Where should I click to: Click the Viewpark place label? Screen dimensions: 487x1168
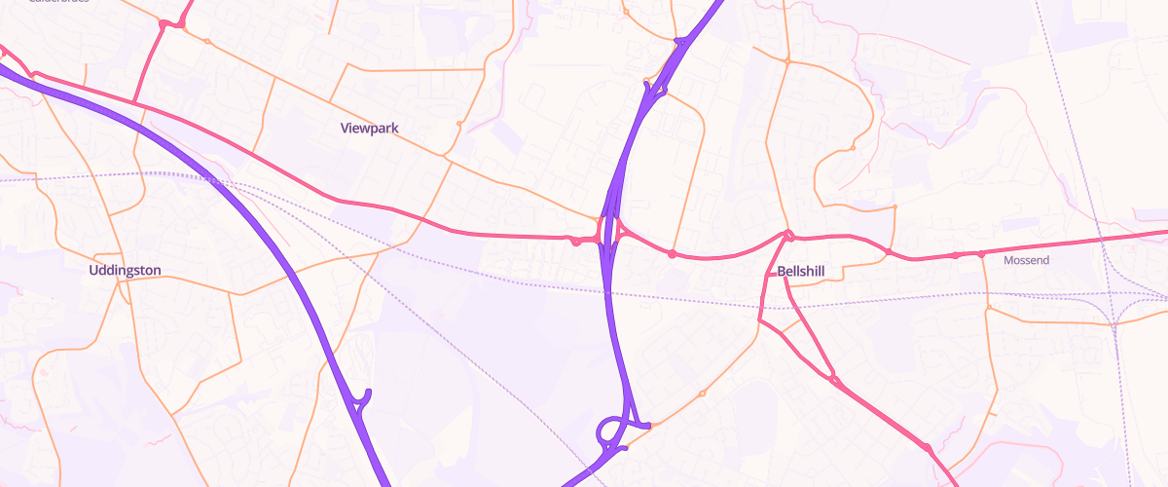coord(370,128)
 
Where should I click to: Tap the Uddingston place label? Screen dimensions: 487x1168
coord(125,270)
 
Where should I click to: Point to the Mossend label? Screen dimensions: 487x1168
coord(1023,260)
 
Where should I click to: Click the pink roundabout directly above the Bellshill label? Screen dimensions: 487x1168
coord(789,236)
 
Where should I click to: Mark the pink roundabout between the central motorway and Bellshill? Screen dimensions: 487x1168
coord(672,254)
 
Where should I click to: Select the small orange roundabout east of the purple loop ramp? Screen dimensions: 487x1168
coord(702,393)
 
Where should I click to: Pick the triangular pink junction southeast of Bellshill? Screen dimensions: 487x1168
coord(832,377)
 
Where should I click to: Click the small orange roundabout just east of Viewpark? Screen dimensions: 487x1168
coord(459,125)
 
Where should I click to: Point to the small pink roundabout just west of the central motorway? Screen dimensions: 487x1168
coord(576,240)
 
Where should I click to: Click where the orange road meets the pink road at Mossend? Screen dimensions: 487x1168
coord(981,254)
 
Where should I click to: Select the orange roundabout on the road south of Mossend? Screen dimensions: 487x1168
coord(989,308)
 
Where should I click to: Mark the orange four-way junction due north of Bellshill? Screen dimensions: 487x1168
coord(786,60)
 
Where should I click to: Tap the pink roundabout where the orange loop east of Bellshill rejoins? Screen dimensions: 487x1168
coord(889,251)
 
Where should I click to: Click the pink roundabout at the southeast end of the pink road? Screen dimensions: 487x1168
coord(928,448)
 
